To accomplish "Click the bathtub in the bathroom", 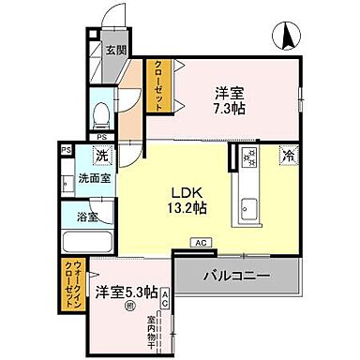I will (86, 243).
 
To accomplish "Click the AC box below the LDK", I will (200, 243).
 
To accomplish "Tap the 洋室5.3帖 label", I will (126, 292).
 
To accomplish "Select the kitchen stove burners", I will (249, 158).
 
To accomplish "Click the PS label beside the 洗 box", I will (66, 149).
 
